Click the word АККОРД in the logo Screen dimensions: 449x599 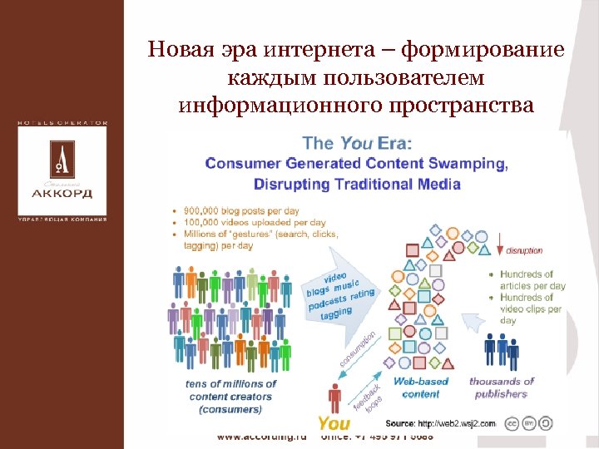(62, 194)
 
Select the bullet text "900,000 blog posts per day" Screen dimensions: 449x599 (240, 211)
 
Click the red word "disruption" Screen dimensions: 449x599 (523, 249)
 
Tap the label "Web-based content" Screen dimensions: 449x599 (421, 387)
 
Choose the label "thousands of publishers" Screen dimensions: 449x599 (502, 387)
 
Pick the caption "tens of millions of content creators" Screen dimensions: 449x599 (230, 390)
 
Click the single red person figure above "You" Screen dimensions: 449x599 (334, 397)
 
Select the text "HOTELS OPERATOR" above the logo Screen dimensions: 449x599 (62, 123)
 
